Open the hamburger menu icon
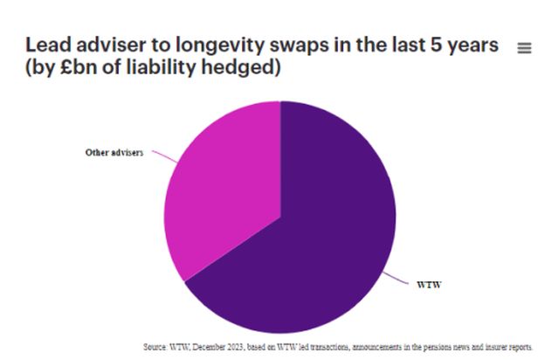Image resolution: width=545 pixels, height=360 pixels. coord(524,48)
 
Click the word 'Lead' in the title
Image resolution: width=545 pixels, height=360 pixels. coord(47,45)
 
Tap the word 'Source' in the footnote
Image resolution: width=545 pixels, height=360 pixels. coord(156,347)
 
